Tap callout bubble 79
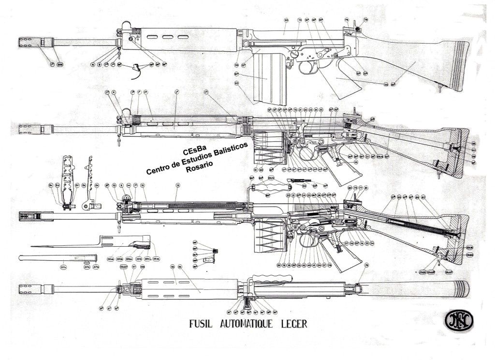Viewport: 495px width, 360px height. (x=366, y=266)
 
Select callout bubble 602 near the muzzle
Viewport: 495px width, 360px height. (x=60, y=63)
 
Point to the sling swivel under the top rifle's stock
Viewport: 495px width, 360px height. (x=440, y=89)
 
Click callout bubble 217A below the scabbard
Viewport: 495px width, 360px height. (x=63, y=267)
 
